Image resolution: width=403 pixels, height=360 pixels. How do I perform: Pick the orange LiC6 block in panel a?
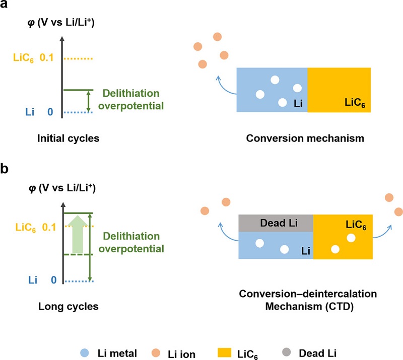pyautogui.click(x=339, y=90)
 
